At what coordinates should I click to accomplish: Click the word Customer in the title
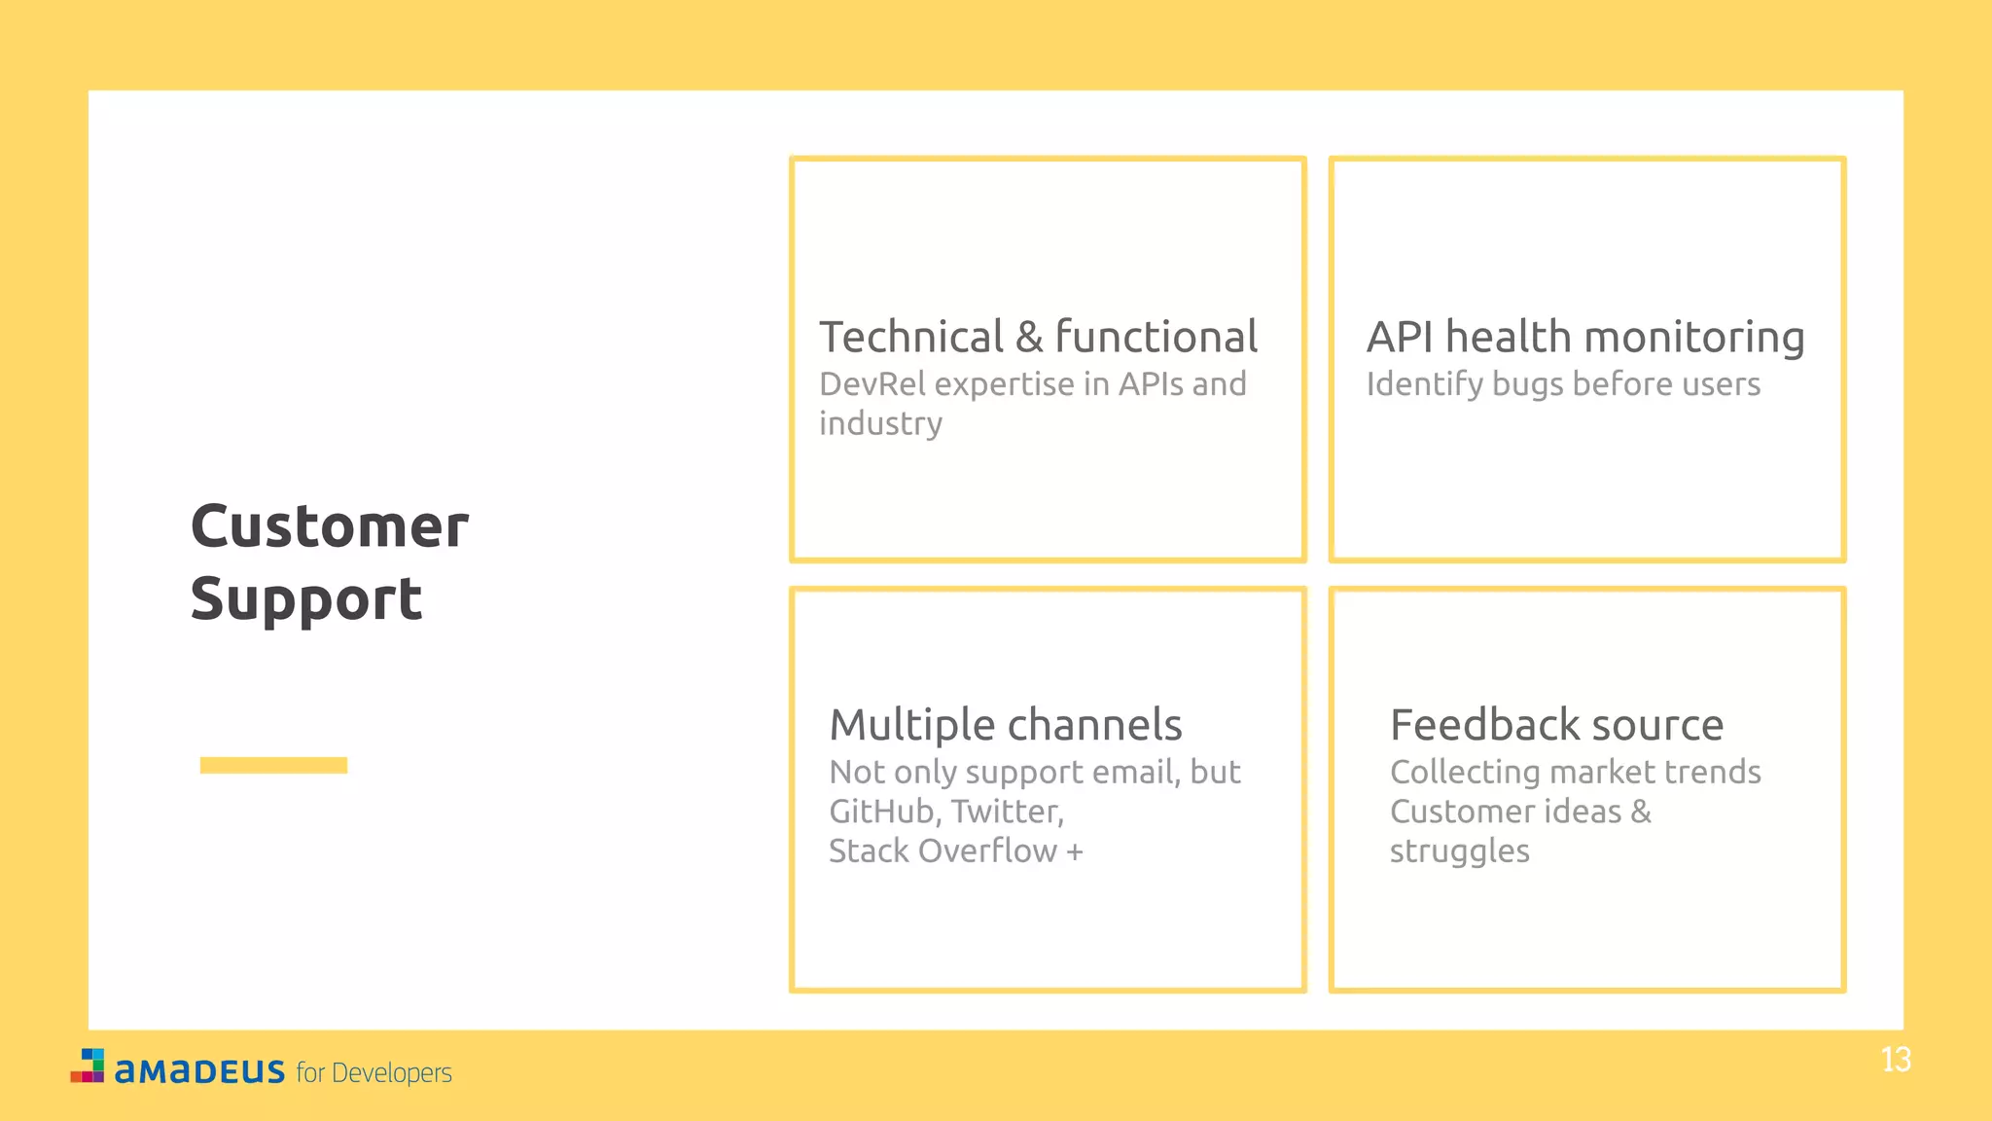click(x=330, y=527)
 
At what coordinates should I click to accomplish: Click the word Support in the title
click(x=306, y=599)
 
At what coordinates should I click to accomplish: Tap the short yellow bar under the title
click(x=273, y=765)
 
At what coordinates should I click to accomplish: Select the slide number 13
click(x=1896, y=1060)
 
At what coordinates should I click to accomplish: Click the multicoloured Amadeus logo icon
click(x=88, y=1066)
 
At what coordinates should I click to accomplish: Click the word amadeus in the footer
click(x=199, y=1071)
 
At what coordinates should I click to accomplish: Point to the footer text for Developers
click(x=374, y=1072)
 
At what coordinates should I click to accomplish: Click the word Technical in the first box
click(x=911, y=338)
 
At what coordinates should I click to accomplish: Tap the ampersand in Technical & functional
click(x=1029, y=338)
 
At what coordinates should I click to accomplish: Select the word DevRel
click(x=871, y=384)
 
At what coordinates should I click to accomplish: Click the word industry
click(x=880, y=424)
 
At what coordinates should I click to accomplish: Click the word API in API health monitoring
click(x=1400, y=338)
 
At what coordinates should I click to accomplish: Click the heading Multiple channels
click(x=1006, y=725)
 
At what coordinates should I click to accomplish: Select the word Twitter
click(x=1006, y=812)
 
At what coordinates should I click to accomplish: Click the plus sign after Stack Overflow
click(x=1075, y=851)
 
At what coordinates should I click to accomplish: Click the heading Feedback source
click(x=1556, y=725)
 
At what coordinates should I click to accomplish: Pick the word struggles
click(x=1459, y=851)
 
